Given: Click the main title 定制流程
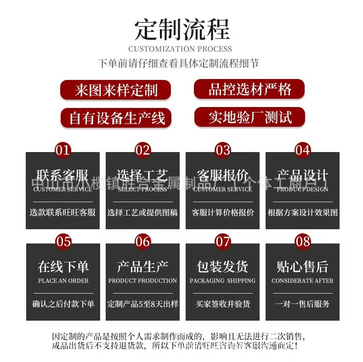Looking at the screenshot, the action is (x=181, y=29).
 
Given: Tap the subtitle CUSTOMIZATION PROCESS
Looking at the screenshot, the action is (x=180, y=49).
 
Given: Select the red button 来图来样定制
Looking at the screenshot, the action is (x=116, y=90).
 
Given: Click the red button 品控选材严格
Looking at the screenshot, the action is (x=250, y=89).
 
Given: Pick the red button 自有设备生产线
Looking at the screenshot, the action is (x=117, y=118).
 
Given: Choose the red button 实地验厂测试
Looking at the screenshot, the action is (x=250, y=117).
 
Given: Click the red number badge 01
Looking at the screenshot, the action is (x=63, y=150).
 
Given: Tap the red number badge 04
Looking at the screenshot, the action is (x=303, y=150).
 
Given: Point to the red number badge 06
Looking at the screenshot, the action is (x=143, y=241).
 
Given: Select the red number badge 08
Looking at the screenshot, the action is (x=303, y=241).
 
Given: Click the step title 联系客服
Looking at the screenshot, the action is (x=63, y=175).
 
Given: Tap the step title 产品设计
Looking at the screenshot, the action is (x=303, y=175).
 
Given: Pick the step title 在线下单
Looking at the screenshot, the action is (x=63, y=267).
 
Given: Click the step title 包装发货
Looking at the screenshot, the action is (x=223, y=267).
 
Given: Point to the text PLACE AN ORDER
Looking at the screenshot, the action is (x=63, y=281).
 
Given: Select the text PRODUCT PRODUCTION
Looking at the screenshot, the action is (x=143, y=281).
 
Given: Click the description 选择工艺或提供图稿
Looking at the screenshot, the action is (x=143, y=213).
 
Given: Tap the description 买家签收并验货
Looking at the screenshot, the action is (x=223, y=304).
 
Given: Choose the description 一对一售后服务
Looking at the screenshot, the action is (x=303, y=304).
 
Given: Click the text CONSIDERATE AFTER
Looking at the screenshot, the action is (x=303, y=281).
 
